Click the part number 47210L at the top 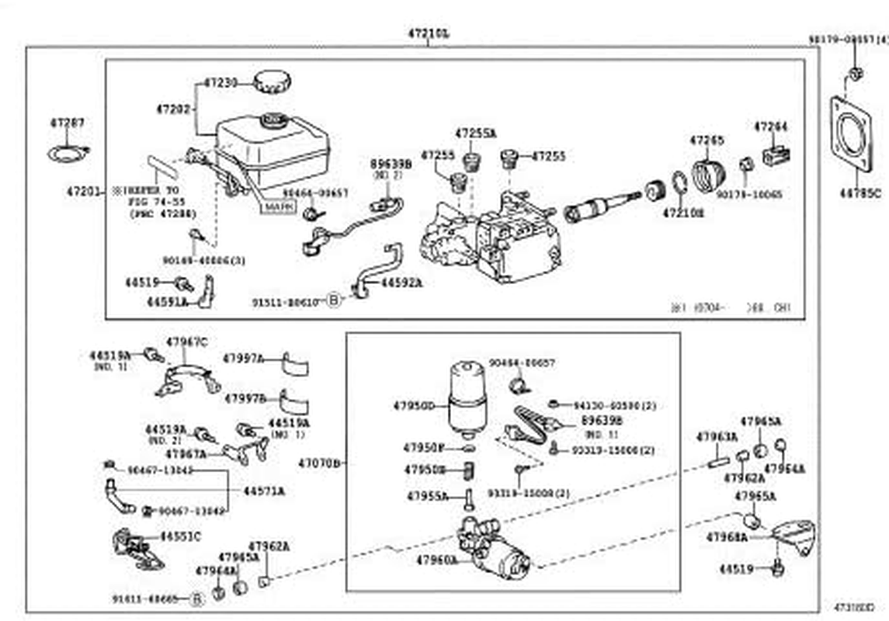click(428, 34)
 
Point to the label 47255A click(475, 134)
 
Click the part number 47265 click(706, 141)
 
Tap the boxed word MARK click(278, 207)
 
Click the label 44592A click(401, 283)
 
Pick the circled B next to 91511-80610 click(333, 300)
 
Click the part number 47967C click(187, 342)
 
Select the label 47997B click(245, 398)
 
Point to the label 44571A click(263, 491)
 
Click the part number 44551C click(180, 536)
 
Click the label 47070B click(320, 463)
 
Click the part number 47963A click(717, 437)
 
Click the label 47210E click(684, 212)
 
